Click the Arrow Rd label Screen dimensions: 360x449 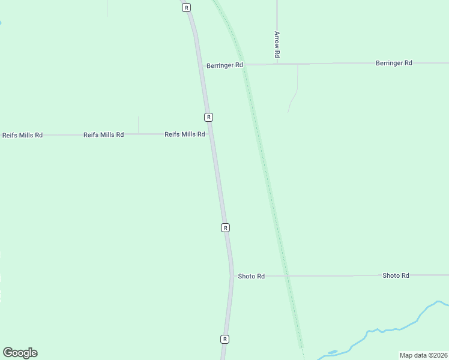click(277, 45)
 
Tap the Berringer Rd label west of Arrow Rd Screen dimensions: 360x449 click(224, 65)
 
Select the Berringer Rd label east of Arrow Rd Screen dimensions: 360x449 click(394, 62)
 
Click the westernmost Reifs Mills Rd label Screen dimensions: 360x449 click(22, 135)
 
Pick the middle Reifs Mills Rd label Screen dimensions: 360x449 click(103, 135)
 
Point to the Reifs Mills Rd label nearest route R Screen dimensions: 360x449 click(185, 134)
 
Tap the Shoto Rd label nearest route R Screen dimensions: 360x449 click(251, 276)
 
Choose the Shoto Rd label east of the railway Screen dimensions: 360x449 click(396, 275)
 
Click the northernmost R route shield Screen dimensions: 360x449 click(187, 7)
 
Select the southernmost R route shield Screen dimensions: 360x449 click(224, 339)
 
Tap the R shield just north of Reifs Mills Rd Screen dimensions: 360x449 click(208, 116)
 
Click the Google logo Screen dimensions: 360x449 click(20, 353)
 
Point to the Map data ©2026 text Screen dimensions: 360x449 click(423, 355)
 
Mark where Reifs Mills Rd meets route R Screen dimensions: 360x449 click(210, 134)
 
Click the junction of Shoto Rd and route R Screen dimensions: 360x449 click(232, 276)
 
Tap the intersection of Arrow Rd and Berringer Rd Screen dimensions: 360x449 click(277, 64)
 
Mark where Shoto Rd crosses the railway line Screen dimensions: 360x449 click(286, 275)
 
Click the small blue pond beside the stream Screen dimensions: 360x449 click(333, 352)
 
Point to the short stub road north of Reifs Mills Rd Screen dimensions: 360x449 click(138, 125)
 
